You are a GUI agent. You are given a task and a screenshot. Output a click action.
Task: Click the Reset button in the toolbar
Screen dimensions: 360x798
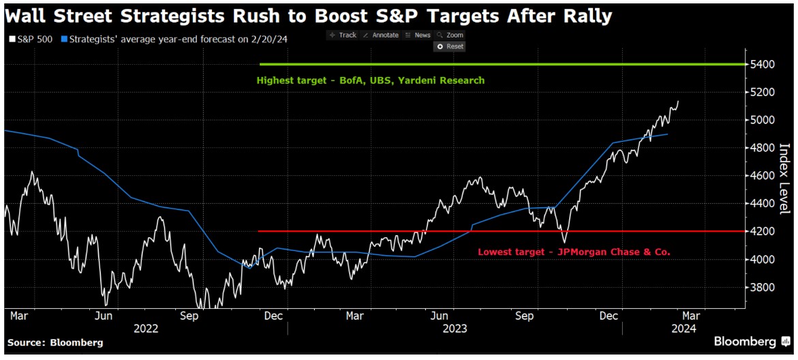pos(450,46)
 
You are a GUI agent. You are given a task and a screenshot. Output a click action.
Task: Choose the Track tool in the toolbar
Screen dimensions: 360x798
pos(343,35)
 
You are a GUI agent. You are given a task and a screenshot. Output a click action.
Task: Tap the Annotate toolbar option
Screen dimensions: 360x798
pos(380,35)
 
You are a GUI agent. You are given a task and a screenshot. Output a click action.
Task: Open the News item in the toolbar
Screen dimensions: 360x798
pos(418,35)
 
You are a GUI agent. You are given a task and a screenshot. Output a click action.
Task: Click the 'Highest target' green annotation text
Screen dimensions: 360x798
pos(370,80)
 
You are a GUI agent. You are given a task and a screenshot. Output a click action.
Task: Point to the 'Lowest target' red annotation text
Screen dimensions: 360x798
pos(574,252)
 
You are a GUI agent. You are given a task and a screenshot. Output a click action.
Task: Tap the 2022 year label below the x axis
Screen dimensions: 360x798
pos(146,328)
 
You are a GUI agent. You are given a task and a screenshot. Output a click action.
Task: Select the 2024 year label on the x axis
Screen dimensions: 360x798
pos(684,328)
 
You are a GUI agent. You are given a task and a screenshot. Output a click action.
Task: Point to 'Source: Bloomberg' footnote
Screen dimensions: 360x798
pos(55,342)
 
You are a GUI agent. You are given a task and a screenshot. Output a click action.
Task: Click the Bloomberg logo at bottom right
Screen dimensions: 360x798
pos(750,341)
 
